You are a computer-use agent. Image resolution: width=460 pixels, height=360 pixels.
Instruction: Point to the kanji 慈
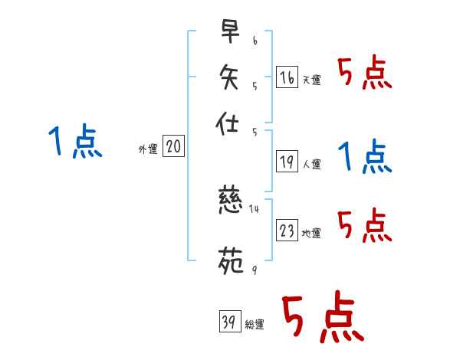pos(231,204)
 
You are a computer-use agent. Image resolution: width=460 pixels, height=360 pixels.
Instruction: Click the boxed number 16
pos(286,77)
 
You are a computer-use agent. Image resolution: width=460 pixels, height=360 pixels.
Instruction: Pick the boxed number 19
pos(287,161)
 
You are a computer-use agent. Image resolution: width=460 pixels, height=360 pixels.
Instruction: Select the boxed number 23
pos(287,231)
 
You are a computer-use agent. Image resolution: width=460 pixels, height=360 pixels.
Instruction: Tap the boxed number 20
pos(173,147)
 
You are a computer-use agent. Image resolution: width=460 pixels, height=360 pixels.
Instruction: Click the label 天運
pos(311,80)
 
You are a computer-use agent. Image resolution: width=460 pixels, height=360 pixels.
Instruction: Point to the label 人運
pos(311,164)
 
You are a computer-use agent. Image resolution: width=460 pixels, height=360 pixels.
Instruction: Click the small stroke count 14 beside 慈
pos(255,208)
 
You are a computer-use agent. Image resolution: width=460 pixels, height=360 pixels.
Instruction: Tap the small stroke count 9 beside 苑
pos(254,268)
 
